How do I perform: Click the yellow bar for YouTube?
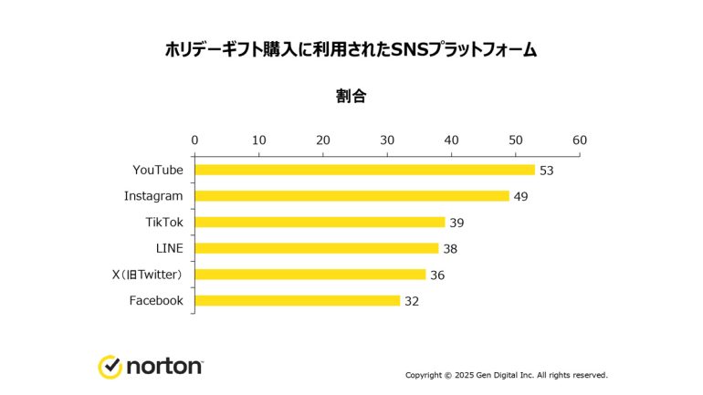coord(364,170)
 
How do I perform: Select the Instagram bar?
coord(351,196)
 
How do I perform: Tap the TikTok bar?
coord(320,222)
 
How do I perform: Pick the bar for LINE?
coord(317,248)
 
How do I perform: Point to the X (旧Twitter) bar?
coord(310,275)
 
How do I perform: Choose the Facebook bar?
coord(298,300)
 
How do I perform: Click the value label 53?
coord(548,171)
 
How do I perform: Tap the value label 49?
coord(521,196)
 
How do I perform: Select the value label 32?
coord(412,301)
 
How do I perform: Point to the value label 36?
coord(437,275)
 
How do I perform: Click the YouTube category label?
coord(158,170)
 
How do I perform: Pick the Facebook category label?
coord(156,300)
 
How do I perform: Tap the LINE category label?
coord(169,248)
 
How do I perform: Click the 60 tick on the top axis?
coord(580,140)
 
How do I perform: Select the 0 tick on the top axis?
coord(194,140)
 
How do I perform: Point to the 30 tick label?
coord(387,140)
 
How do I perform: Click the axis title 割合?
coord(351,97)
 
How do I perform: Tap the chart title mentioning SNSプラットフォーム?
coord(351,49)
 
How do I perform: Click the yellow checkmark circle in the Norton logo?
coord(110,367)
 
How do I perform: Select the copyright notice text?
coord(506,375)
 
